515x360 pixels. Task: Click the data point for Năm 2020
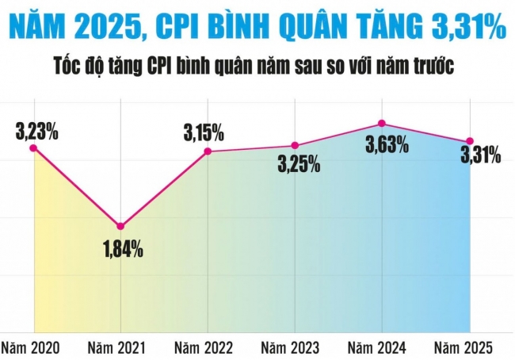(33, 147)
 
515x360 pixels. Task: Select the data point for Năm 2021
(120, 227)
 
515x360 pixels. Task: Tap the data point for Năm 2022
(208, 151)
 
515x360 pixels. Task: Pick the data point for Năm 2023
(295, 145)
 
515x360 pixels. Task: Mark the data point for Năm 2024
(382, 124)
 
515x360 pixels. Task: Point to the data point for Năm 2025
(470, 142)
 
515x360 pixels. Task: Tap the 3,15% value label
(204, 132)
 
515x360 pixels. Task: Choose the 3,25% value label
(299, 164)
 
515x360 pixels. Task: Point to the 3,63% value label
(387, 145)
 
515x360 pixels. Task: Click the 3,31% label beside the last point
(480, 155)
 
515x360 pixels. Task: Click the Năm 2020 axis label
(29, 347)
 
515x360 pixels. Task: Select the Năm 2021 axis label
(116, 347)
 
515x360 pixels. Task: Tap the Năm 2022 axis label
(204, 347)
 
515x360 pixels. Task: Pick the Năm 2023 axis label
(291, 347)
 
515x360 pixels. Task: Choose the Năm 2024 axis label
(378, 347)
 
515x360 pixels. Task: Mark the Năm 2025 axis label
(465, 347)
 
